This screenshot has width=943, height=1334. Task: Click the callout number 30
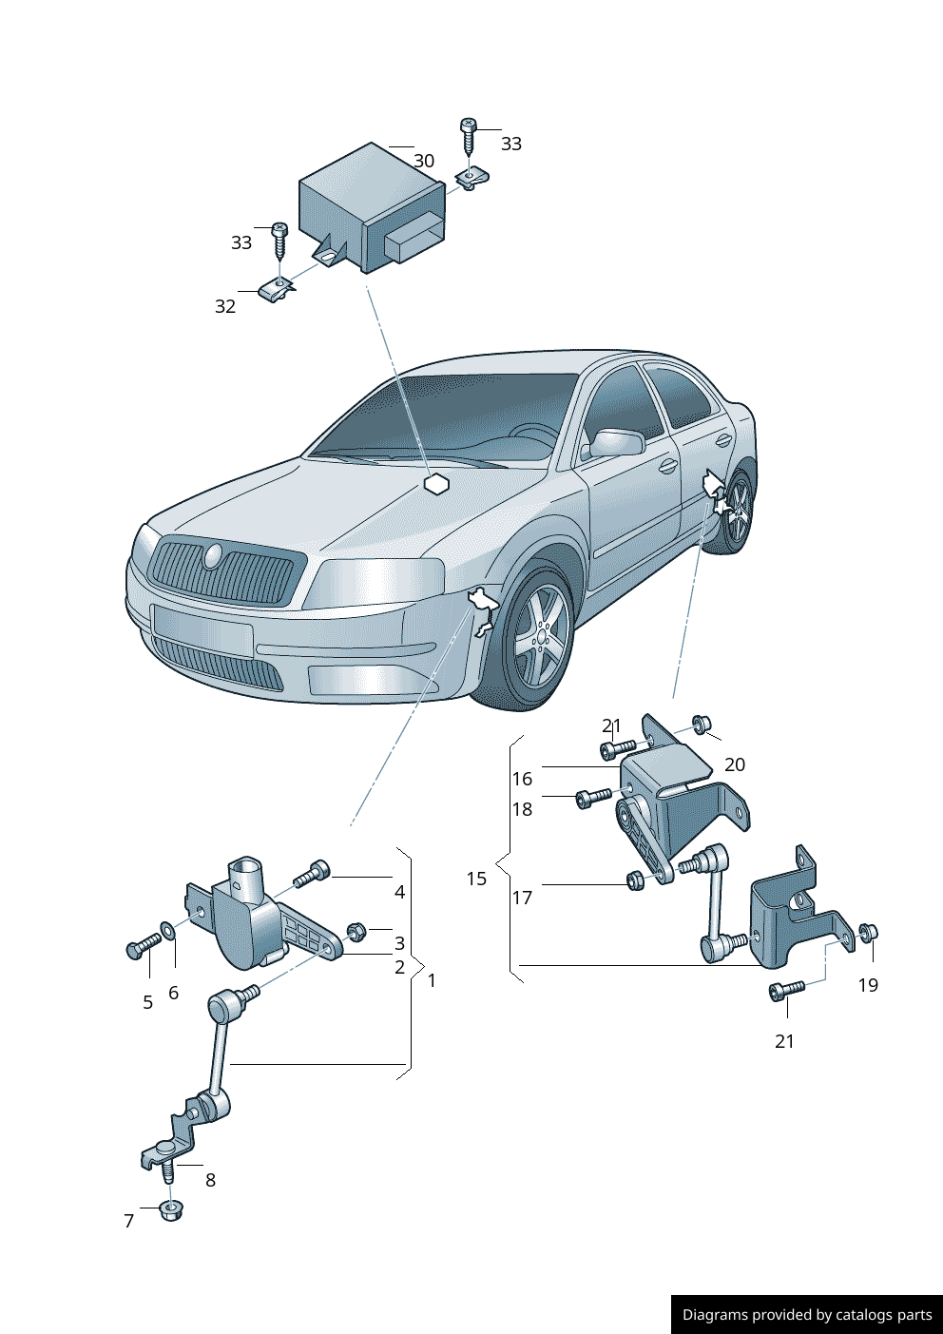tap(424, 161)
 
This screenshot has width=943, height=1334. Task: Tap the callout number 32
tap(225, 306)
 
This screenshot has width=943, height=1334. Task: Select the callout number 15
tap(476, 879)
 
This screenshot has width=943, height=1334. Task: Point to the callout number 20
tap(735, 764)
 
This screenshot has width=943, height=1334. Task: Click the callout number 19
tap(868, 985)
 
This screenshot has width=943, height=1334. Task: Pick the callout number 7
tap(129, 1221)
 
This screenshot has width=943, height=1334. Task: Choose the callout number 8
tap(210, 1180)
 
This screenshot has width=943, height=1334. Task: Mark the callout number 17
tap(522, 898)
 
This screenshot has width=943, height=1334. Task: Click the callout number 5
tap(147, 1002)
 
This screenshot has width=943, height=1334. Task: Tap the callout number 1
tap(432, 980)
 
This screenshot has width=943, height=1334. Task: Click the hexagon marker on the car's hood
tap(436, 484)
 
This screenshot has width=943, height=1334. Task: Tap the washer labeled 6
tap(167, 929)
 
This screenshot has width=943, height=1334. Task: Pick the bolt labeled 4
tap(312, 873)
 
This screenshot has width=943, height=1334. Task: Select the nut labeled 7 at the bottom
tap(171, 1210)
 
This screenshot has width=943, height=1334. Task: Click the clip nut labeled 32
tap(275, 289)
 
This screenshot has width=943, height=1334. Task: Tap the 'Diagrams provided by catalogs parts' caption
tap(807, 1315)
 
